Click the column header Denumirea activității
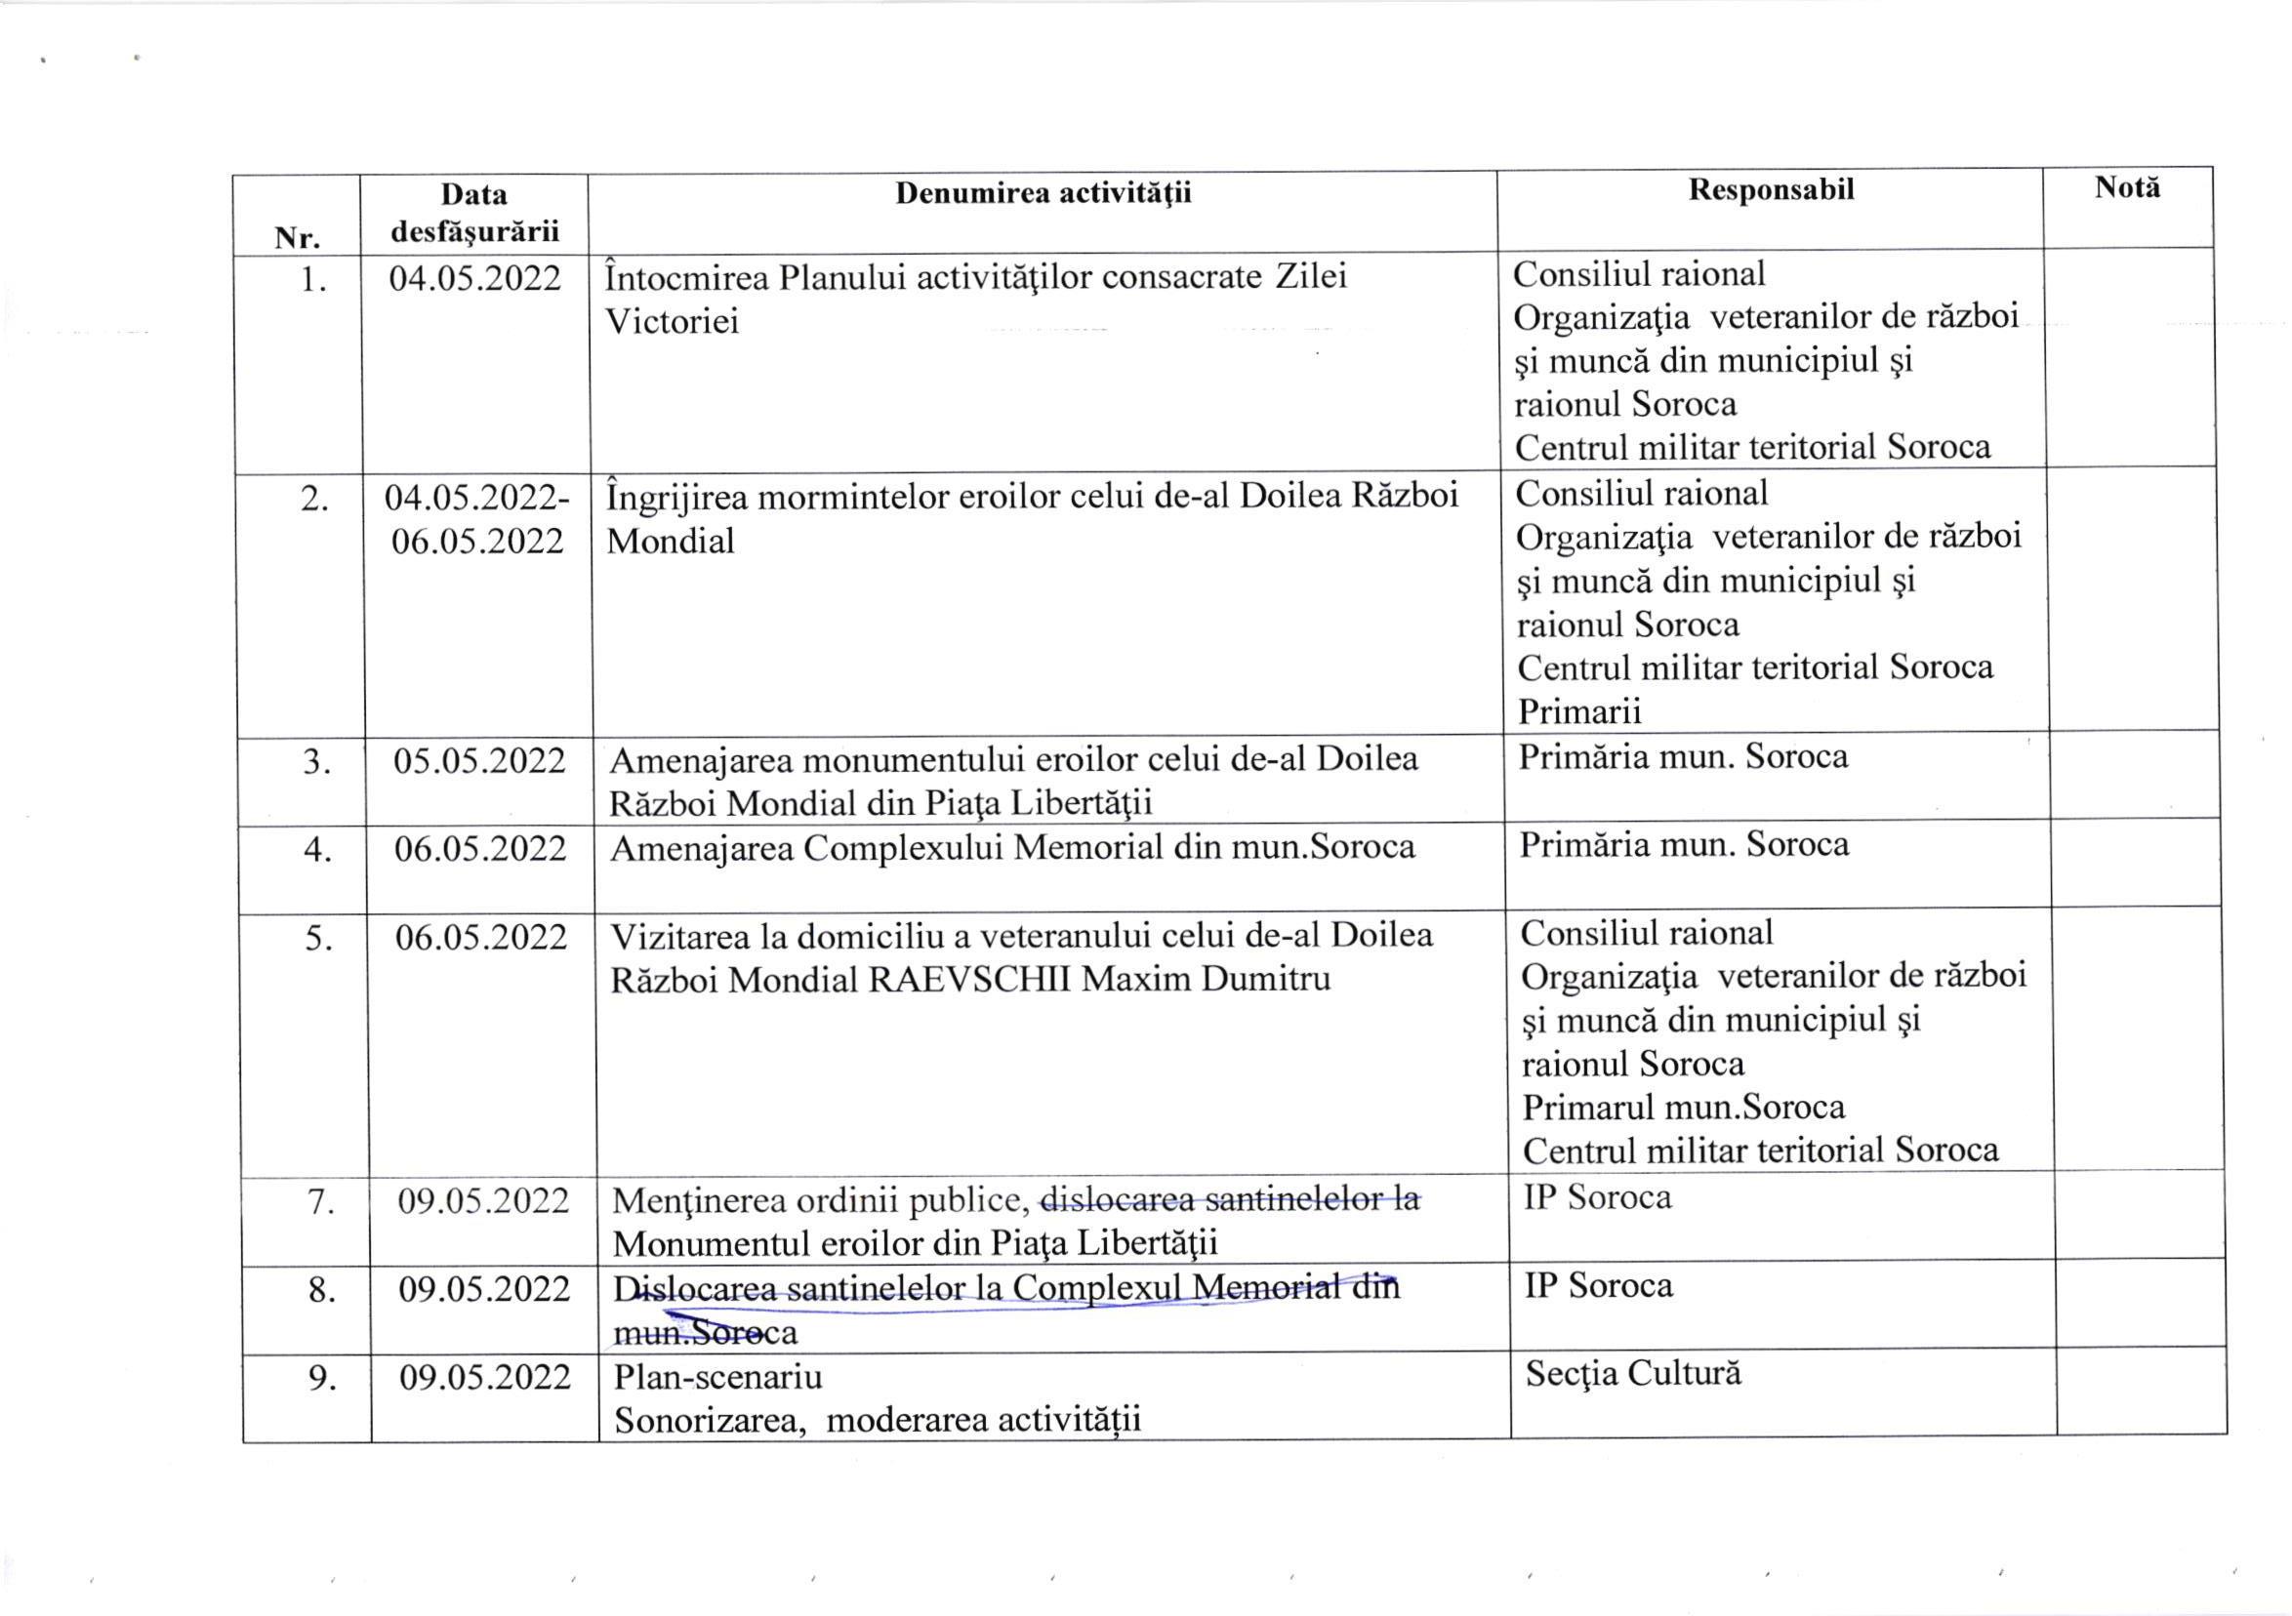[1043, 192]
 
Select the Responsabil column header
[1771, 189]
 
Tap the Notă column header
[2127, 187]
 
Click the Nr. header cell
[297, 238]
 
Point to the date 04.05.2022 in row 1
[475, 277]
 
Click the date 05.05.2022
[479, 760]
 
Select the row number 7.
[319, 1202]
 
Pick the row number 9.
[321, 1379]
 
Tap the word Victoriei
[672, 321]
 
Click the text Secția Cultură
[1633, 1373]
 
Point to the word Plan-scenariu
[717, 1377]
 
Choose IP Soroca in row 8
[1597, 1285]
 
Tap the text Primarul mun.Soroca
[1683, 1107]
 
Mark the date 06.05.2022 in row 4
[480, 848]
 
